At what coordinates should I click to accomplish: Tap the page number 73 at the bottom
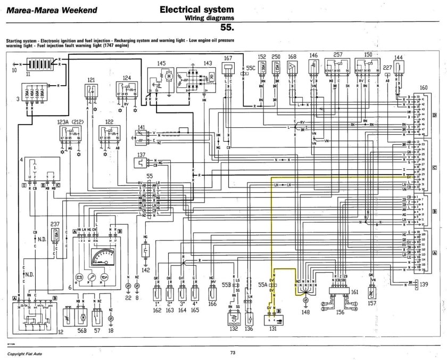233,352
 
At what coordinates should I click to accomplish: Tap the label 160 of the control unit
423,88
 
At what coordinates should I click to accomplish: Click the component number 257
337,55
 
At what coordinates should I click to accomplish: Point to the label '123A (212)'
70,122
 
